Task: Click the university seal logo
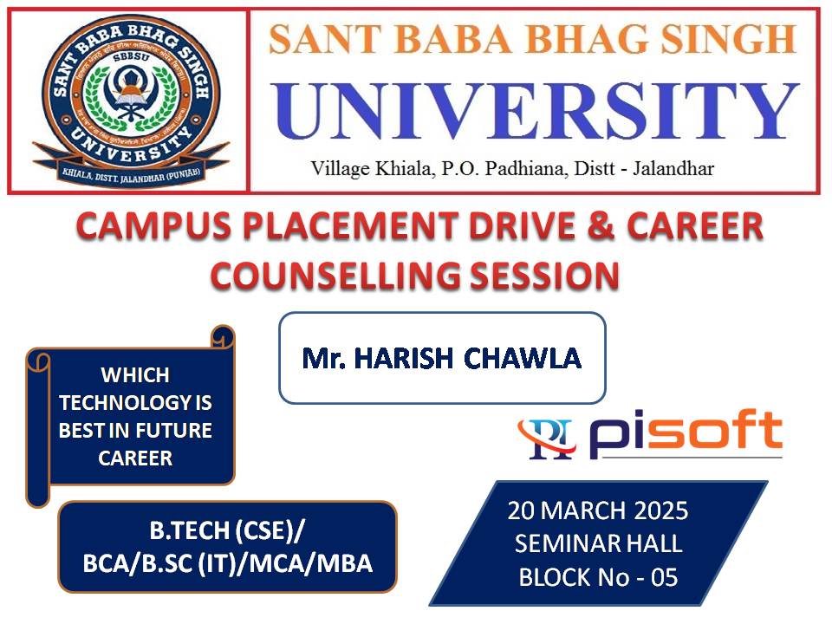pos(131,101)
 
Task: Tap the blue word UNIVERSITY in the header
pos(536,112)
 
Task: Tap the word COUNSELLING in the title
pos(335,275)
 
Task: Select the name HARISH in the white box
pos(404,358)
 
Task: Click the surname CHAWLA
pos(523,358)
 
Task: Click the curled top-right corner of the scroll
pos(223,336)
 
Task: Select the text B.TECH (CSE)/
pos(227,530)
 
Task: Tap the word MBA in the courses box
pos(345,563)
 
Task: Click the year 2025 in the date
pos(660,510)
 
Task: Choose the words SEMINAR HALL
pos(599,544)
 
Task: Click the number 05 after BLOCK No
pos(665,577)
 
